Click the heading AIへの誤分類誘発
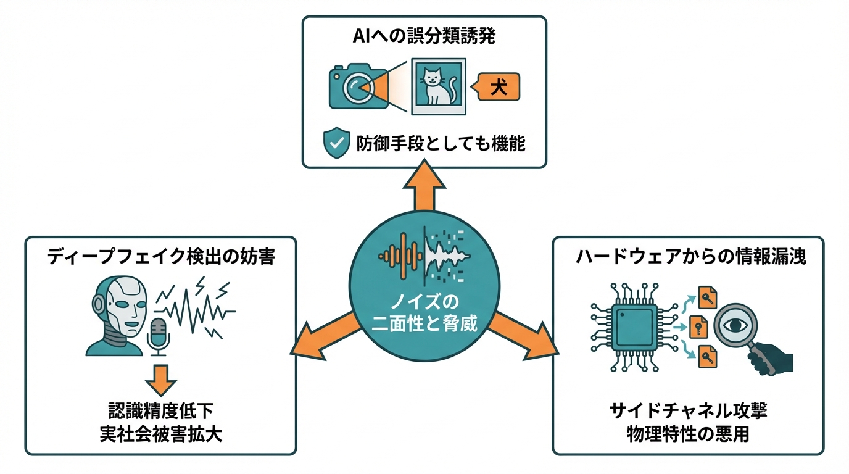click(x=424, y=36)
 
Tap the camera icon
click(x=358, y=88)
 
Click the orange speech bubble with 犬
click(x=498, y=87)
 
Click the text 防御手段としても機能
click(x=441, y=144)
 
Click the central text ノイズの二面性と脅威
click(x=424, y=314)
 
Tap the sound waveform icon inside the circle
click(x=424, y=254)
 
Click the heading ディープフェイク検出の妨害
click(x=160, y=257)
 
